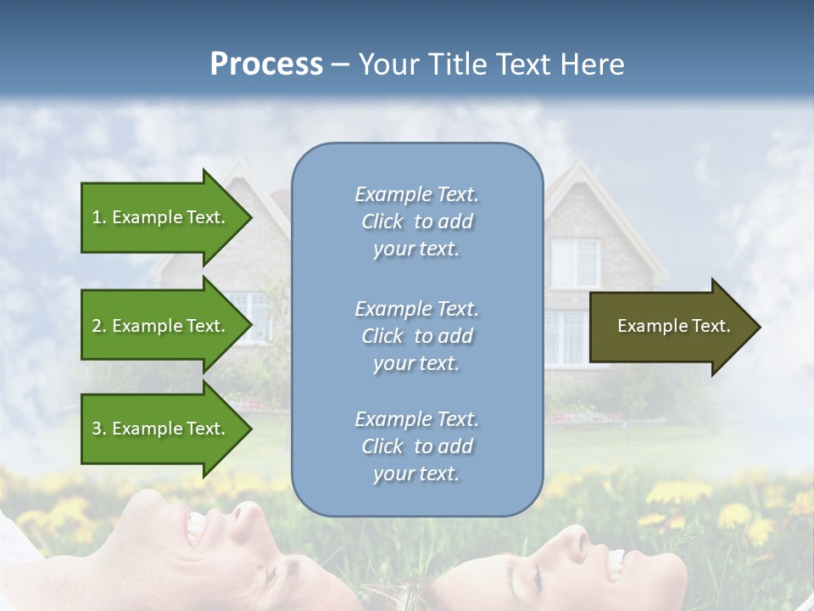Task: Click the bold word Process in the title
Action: (x=266, y=64)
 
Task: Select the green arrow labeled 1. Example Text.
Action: (x=161, y=217)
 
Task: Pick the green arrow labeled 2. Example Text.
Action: (x=161, y=326)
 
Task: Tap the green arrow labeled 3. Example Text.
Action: (x=161, y=429)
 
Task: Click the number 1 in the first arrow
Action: (x=97, y=217)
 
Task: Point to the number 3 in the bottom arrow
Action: (x=97, y=429)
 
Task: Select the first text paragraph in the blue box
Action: (x=416, y=221)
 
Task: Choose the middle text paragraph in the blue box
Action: (x=416, y=335)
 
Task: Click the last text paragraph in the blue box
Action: (x=416, y=446)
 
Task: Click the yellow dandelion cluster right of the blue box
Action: (x=678, y=492)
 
